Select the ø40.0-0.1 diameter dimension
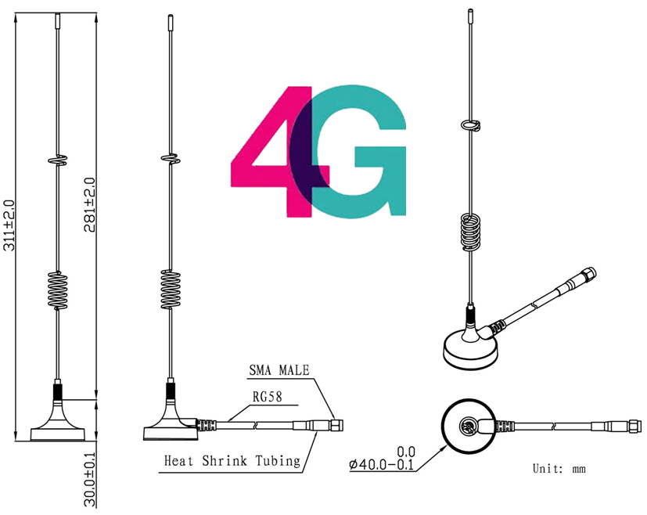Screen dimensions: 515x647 (x=383, y=463)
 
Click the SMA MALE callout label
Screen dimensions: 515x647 (x=279, y=370)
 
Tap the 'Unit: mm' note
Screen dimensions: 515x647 (x=559, y=469)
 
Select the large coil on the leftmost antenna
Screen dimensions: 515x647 (x=58, y=288)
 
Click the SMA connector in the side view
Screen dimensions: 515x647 (x=336, y=425)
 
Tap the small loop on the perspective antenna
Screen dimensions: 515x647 (x=469, y=124)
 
